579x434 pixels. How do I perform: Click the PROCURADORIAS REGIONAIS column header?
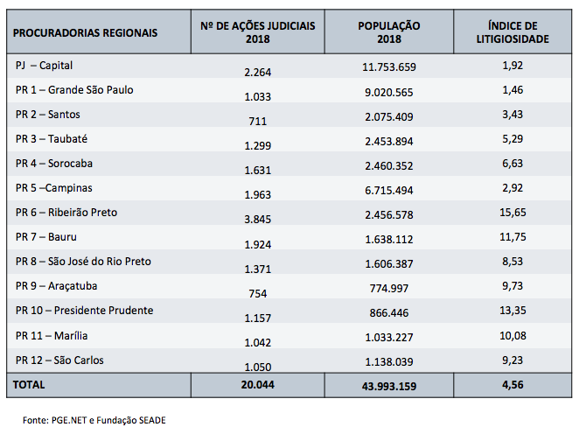click(86, 32)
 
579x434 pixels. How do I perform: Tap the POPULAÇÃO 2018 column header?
click(389, 32)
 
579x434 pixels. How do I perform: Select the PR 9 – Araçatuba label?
click(57, 286)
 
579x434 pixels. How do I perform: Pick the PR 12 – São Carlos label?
click(59, 360)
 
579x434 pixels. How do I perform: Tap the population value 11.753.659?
click(389, 66)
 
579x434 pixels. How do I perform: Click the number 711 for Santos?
click(257, 121)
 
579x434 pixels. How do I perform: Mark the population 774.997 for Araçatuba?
click(389, 290)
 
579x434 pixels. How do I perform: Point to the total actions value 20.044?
click(257, 385)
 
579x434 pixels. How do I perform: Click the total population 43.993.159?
click(389, 386)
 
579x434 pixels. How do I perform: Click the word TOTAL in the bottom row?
click(29, 384)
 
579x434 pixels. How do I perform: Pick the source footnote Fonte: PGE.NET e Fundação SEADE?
click(94, 420)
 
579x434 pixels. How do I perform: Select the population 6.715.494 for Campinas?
click(389, 189)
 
